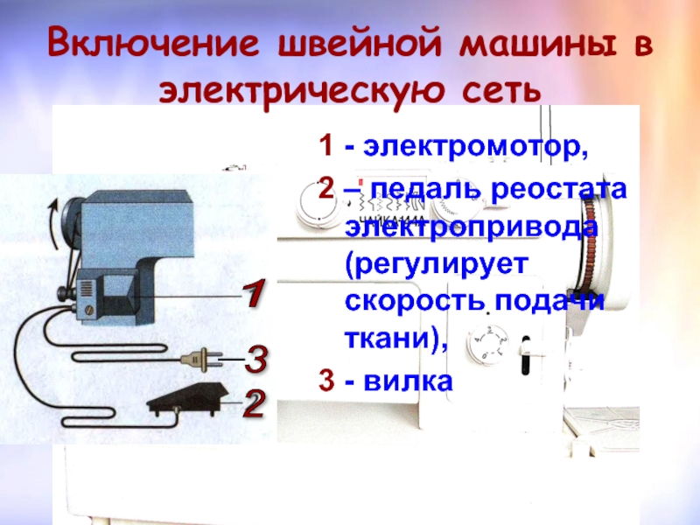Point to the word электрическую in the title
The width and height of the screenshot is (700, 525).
pyautogui.click(x=301, y=91)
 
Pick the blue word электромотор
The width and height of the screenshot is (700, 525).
pyautogui.click(x=475, y=146)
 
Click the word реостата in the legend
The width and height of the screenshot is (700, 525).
pyautogui.click(x=558, y=189)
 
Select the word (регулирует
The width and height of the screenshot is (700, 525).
pyautogui.click(x=436, y=265)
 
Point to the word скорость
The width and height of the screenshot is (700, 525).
pyautogui.click(x=415, y=301)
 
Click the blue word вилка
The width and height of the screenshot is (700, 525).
pyautogui.click(x=408, y=381)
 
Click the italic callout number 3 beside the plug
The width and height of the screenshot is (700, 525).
pyautogui.click(x=256, y=360)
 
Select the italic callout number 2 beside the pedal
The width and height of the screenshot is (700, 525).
pyautogui.click(x=254, y=403)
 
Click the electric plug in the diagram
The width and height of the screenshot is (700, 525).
pyautogui.click(x=202, y=359)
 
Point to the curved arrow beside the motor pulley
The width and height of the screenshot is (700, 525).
pyautogui.click(x=53, y=223)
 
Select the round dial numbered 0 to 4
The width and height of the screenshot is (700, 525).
pyautogui.click(x=488, y=343)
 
